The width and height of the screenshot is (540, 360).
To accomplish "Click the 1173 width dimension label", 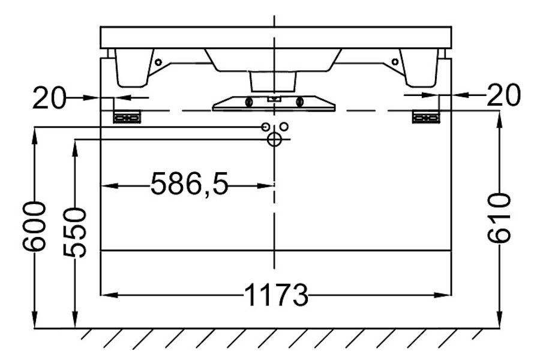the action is coord(276,295).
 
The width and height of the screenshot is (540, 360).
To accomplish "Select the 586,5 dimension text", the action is coord(190,184).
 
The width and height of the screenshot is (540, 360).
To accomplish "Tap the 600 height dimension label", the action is coord(34,226).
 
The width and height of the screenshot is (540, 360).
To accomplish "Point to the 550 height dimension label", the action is coord(74,232).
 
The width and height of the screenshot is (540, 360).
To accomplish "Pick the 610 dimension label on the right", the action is coord(499,218).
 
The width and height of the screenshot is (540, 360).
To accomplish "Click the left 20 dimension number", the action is coord(49,98).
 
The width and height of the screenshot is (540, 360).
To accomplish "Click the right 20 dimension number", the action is coord(503,95).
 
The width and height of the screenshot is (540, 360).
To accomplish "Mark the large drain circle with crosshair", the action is coord(274,139).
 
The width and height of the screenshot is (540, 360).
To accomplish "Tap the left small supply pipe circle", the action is coord(265,127).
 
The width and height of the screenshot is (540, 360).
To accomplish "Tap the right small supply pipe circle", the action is coord(284,127).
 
